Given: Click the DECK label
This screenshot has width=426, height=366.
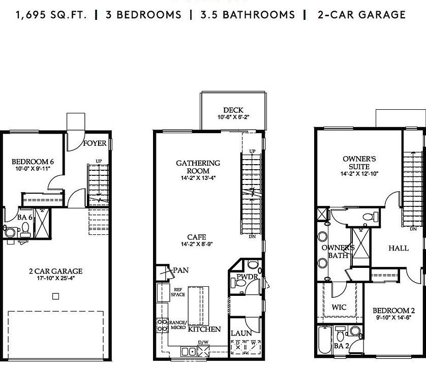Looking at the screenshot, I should (x=233, y=110).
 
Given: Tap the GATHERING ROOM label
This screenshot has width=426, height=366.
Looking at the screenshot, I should (x=198, y=167).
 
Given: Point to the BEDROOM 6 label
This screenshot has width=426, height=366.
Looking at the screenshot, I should (x=33, y=162).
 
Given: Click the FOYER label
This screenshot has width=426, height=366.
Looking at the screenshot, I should (x=95, y=143).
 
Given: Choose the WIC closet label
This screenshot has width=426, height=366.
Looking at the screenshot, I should (x=339, y=308).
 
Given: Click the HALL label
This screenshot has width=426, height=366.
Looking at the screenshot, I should (x=398, y=248).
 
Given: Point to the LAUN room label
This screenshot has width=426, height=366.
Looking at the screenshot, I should (x=241, y=333).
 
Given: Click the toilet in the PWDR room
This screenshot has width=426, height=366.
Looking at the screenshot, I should (x=253, y=266).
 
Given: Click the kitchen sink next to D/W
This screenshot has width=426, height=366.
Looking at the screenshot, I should (x=189, y=351).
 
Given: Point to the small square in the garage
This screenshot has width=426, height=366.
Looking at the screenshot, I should (x=56, y=296).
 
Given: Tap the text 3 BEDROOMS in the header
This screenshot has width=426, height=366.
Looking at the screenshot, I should (x=143, y=14).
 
